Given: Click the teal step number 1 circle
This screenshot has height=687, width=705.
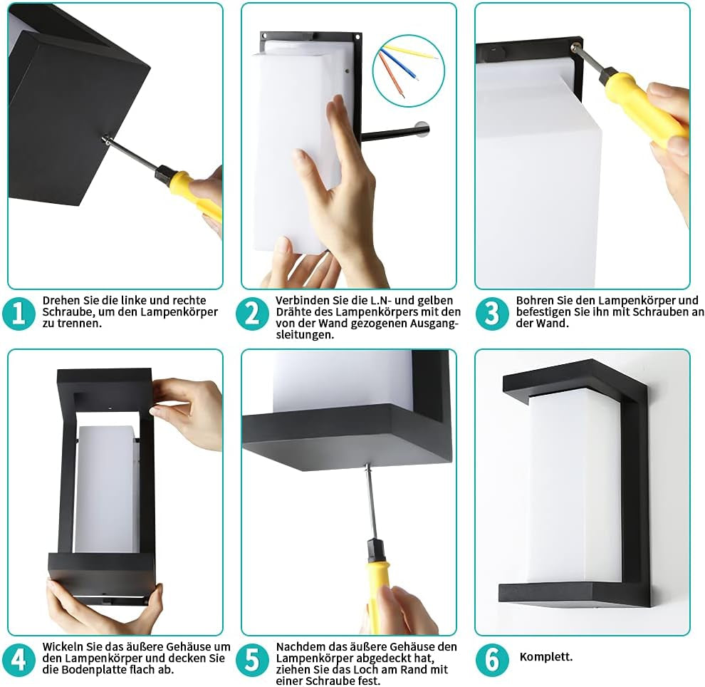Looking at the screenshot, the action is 19,313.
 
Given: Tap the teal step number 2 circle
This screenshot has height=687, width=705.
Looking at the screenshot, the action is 252,313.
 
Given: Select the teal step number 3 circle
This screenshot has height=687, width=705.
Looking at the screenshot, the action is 492,313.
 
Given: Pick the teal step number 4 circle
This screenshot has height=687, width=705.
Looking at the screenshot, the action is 19,659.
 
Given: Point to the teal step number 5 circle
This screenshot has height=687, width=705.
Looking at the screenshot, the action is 252,659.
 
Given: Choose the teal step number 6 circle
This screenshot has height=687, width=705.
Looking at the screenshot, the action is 492,659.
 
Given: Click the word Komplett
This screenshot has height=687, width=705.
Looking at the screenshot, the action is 545,657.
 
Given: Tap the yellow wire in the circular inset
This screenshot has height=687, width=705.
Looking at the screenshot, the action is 410,52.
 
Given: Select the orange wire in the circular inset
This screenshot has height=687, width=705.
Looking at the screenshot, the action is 390,74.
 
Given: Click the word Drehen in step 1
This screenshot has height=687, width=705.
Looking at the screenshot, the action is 58,301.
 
